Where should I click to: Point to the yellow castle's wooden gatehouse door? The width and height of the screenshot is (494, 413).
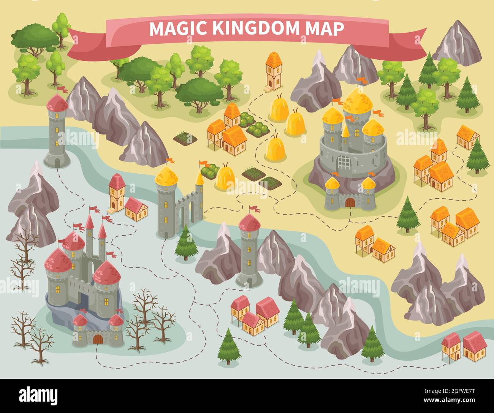(350, 203)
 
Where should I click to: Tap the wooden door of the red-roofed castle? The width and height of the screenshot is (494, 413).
(98, 339)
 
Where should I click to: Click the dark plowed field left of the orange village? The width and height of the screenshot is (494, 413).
(185, 138)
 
